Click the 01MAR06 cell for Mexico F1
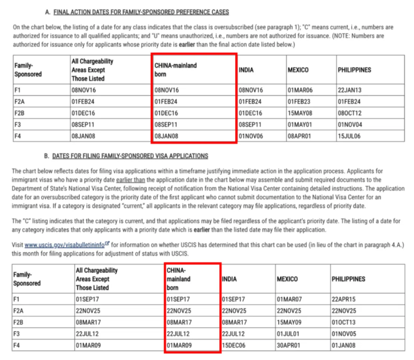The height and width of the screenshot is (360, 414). (300, 90)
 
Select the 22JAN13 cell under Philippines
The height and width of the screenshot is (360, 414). (350, 90)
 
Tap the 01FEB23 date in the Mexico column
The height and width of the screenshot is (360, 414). (300, 102)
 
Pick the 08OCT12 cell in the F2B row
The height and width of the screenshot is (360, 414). (350, 113)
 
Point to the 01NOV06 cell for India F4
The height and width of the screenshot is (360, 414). (251, 136)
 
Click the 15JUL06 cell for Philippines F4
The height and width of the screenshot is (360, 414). (349, 136)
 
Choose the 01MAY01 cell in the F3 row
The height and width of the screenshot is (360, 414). (300, 124)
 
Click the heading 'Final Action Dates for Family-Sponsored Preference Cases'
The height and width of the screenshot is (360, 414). (141, 12)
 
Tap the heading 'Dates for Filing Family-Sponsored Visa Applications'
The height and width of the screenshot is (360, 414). (130, 156)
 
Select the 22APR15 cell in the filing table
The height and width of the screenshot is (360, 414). (344, 299)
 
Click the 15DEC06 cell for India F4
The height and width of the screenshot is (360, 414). (234, 345)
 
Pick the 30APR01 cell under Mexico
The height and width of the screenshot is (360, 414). (289, 345)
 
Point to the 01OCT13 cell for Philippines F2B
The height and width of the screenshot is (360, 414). (344, 322)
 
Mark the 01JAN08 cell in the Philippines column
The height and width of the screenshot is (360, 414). (343, 345)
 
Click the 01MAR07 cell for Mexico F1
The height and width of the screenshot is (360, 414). (289, 299)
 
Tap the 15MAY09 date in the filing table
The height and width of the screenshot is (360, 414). (289, 322)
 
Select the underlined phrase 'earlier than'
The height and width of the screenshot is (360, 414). (130, 180)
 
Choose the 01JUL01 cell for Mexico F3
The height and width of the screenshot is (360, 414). (288, 334)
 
